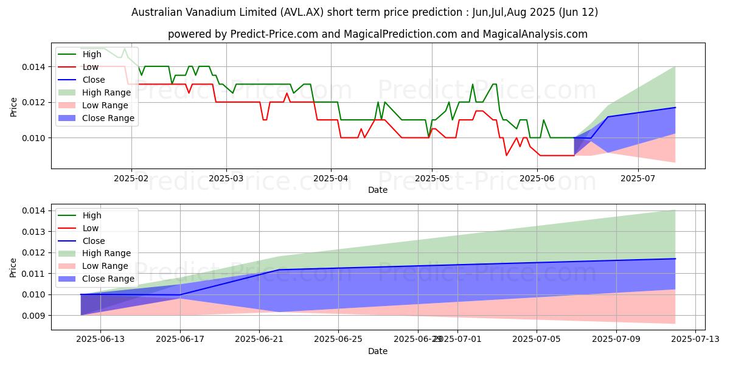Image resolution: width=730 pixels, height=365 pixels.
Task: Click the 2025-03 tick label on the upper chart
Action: coord(226,178)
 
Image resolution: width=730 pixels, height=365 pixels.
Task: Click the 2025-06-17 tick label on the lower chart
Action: coord(180,339)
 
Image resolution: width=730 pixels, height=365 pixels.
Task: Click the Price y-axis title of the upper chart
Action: coord(13,108)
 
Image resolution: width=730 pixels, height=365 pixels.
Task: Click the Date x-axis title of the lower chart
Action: coord(378,351)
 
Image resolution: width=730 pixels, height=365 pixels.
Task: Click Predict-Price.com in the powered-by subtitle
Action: coord(274,34)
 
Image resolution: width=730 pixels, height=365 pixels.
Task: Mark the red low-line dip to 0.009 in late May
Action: coord(506,155)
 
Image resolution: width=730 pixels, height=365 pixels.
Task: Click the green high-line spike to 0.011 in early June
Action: coord(543,120)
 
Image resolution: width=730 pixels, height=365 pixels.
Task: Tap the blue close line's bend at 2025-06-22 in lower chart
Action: coord(279,269)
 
